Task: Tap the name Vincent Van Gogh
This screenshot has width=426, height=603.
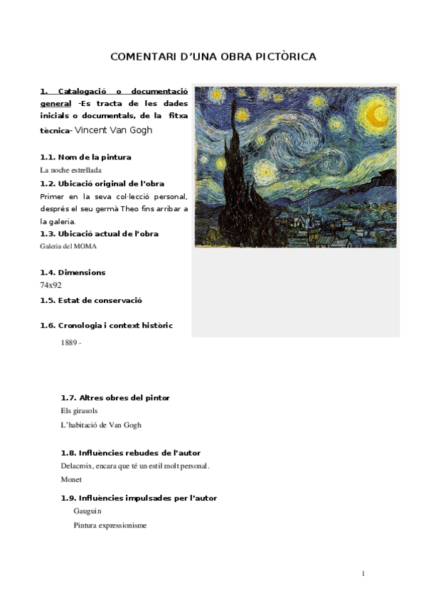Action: click(x=113, y=130)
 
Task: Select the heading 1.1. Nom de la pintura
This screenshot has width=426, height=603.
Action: click(x=85, y=156)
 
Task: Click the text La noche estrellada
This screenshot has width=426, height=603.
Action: click(x=70, y=170)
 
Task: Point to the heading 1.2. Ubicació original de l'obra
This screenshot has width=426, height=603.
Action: click(x=102, y=183)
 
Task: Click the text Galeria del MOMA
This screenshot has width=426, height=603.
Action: click(x=68, y=246)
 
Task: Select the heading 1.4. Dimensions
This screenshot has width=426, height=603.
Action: click(x=73, y=272)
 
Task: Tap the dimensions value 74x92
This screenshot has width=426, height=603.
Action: click(x=50, y=285)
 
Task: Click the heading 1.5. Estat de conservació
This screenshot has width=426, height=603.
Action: click(x=91, y=300)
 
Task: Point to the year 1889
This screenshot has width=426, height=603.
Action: click(x=69, y=343)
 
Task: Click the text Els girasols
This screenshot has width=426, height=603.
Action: click(x=80, y=411)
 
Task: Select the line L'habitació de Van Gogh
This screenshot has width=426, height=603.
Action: click(x=101, y=425)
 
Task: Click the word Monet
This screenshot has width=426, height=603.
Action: click(x=71, y=480)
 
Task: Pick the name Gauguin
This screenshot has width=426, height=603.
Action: click(x=87, y=511)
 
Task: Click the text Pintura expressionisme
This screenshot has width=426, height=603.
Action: click(x=110, y=525)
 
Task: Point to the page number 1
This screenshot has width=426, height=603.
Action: click(x=363, y=574)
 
